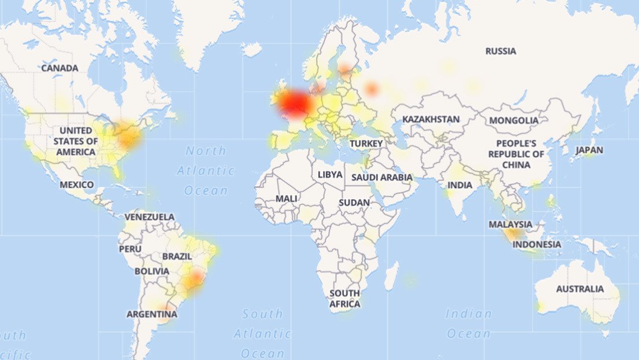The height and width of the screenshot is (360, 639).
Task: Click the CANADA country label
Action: tap(60, 68)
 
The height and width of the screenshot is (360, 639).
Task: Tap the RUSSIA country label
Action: tap(501, 51)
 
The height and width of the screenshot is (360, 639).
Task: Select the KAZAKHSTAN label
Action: tap(431, 119)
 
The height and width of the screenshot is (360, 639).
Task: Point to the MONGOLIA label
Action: tap(513, 120)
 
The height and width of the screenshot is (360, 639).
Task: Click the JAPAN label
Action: tap(589, 150)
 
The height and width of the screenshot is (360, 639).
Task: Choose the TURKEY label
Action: tap(366, 143)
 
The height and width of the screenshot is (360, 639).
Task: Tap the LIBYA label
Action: tap(330, 174)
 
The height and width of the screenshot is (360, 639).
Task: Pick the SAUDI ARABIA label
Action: tap(382, 177)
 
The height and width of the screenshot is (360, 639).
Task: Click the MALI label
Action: tap(287, 198)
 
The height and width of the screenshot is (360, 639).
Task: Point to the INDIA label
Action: tap(460, 185)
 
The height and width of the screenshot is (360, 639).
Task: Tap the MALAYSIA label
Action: tap(511, 224)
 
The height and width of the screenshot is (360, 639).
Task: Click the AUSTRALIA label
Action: tap(579, 289)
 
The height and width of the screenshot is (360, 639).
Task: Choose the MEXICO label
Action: tap(76, 185)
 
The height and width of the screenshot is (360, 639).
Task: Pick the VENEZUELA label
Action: tap(149, 217)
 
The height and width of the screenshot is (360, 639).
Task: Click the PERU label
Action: tap(130, 249)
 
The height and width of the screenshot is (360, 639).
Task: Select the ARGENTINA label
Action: tap(152, 314)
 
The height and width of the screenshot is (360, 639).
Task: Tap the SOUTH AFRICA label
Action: tap(345, 298)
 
